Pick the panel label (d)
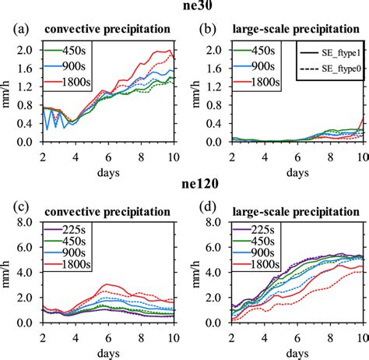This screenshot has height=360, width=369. click(200, 209)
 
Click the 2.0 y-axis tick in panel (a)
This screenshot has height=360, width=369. click(26, 50)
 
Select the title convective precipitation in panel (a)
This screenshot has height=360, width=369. click(107, 30)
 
